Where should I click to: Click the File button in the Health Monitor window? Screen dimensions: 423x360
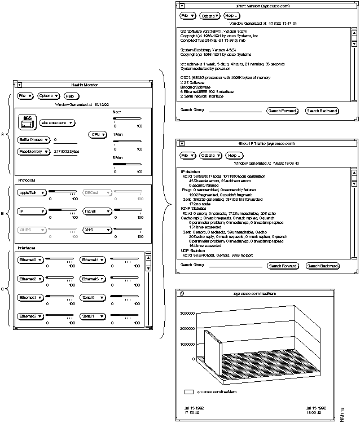pos(24,96)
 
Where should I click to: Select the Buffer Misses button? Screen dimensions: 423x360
pos(33,139)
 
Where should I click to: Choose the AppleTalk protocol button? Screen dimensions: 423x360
pos(32,192)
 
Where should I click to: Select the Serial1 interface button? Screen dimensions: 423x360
pos(91,316)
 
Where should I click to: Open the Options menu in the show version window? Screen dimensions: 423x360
pos(210,16)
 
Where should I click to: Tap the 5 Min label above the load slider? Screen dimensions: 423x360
pos(118,158)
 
